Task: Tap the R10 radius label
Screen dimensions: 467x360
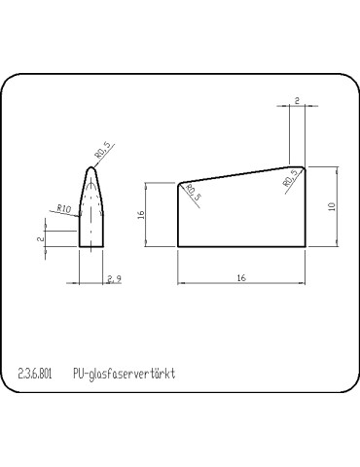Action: coord(64,208)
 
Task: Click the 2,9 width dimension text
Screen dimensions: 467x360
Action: coord(114,279)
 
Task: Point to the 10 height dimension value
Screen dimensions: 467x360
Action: coord(331,206)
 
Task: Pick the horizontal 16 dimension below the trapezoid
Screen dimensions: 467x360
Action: coord(240,278)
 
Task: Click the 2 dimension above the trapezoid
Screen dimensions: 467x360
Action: coord(296,99)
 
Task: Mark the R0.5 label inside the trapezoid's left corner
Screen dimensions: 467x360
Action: coord(193,194)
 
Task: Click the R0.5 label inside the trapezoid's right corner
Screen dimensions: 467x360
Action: coord(289,177)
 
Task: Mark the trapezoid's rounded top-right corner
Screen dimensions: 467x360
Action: coord(303,167)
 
